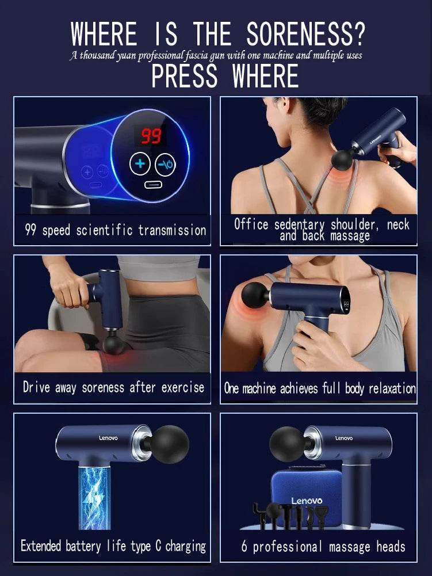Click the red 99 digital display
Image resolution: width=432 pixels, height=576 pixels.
pyautogui.click(x=151, y=136)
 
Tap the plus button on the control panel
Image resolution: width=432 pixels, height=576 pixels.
pyautogui.click(x=139, y=165)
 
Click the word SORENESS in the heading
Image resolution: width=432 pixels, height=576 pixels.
pyautogui.click(x=305, y=35)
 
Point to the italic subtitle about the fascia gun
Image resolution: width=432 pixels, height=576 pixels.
pyautogui.click(x=216, y=56)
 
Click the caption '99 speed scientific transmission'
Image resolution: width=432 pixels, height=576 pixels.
pyautogui.click(x=115, y=231)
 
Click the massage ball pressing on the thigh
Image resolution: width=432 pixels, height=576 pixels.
pyautogui.click(x=112, y=346)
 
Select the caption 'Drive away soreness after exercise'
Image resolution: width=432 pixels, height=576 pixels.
pyautogui.click(x=113, y=387)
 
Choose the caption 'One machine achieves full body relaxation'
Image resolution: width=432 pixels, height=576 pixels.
pyautogui.click(x=319, y=388)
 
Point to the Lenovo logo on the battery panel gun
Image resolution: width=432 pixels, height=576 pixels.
pyautogui.click(x=108, y=438)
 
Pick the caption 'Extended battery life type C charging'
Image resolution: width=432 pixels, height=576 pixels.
pyautogui.click(x=113, y=546)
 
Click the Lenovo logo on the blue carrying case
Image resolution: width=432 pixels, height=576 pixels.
pyautogui.click(x=307, y=501)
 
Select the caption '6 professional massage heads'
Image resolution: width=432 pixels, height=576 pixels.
pyautogui.click(x=323, y=546)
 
